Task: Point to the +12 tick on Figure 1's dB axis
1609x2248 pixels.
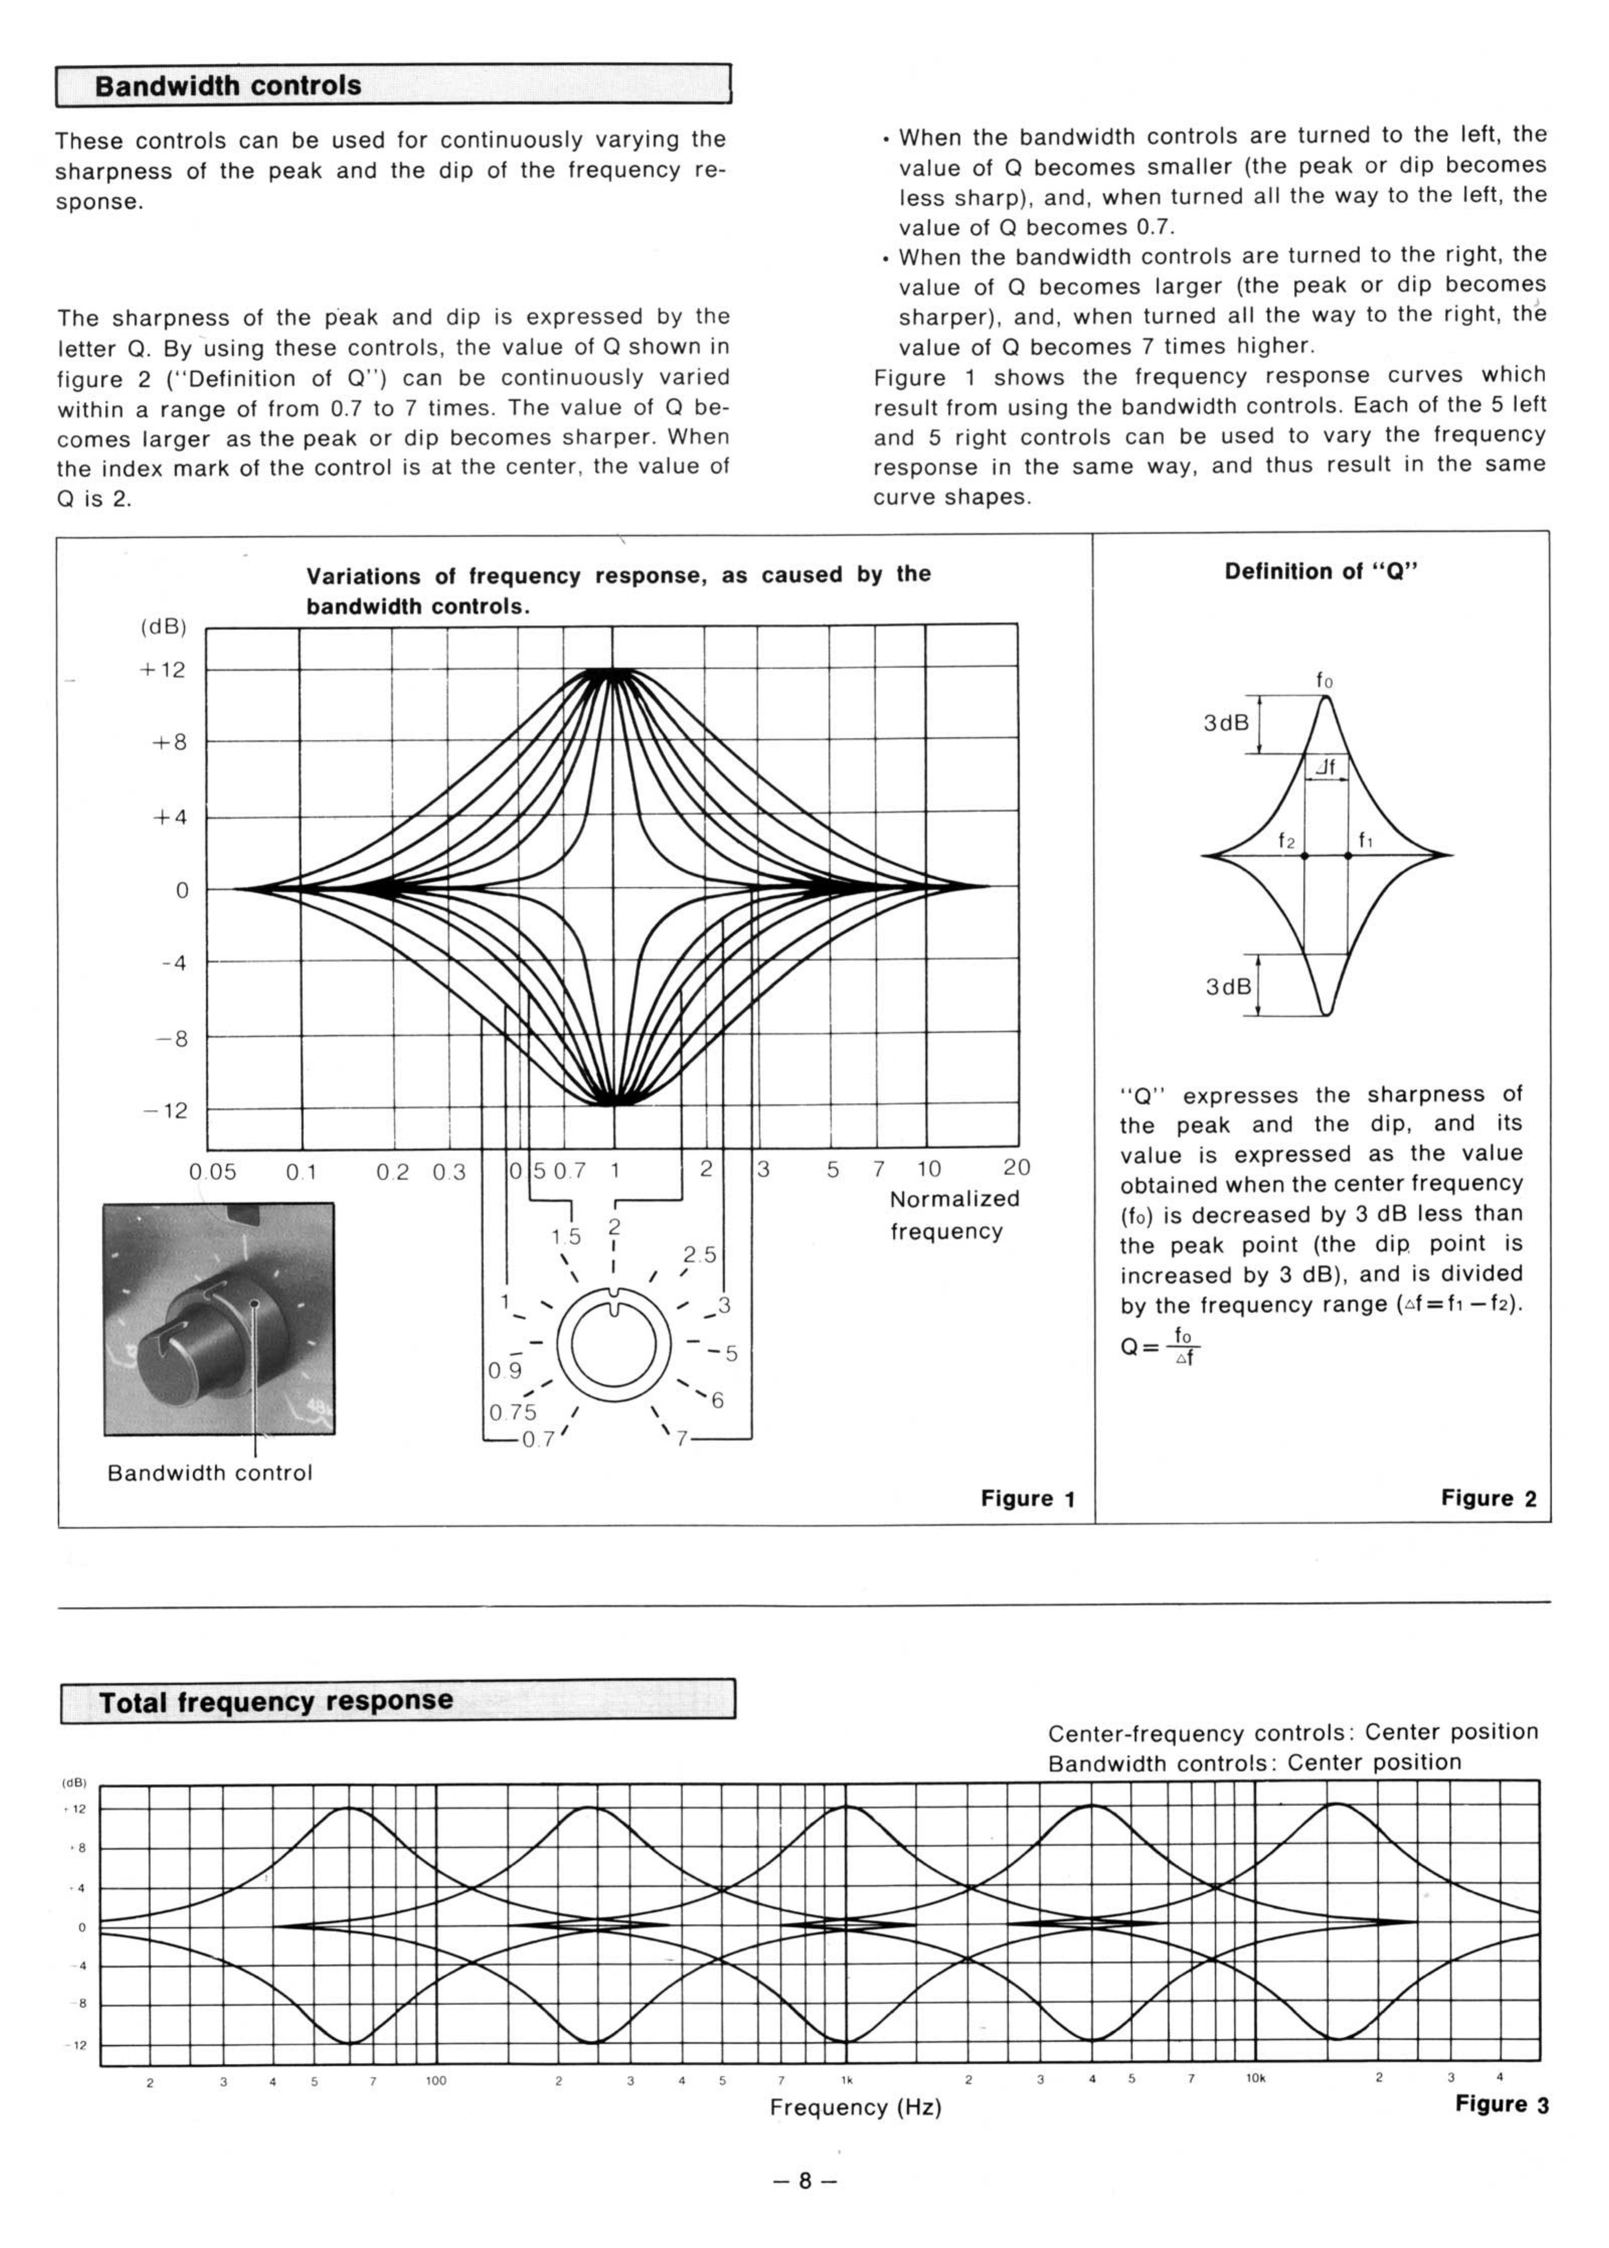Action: [x=163, y=670]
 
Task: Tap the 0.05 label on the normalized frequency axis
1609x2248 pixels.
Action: [x=213, y=1172]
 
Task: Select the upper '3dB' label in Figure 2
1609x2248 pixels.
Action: [x=1225, y=723]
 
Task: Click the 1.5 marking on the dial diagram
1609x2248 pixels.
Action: [x=566, y=1237]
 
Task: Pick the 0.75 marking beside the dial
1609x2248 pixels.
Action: [x=512, y=1412]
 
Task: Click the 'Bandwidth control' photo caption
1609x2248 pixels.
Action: [x=210, y=1473]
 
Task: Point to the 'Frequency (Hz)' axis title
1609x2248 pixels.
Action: [x=855, y=2107]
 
